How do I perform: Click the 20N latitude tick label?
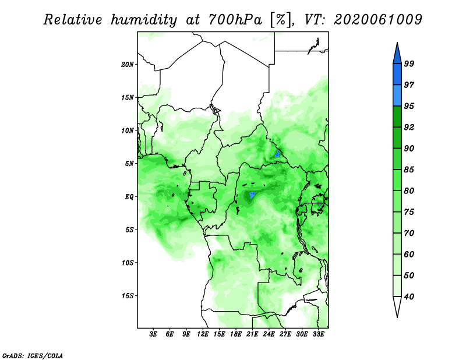click(128, 65)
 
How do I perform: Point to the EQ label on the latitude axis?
click(129, 197)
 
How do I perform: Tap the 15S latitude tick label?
click(128, 296)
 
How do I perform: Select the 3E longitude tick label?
click(153, 334)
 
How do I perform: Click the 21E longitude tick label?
click(252, 334)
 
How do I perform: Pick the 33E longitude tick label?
click(318, 334)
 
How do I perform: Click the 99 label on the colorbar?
click(409, 63)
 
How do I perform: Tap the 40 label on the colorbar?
click(409, 297)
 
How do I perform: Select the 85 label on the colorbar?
click(409, 170)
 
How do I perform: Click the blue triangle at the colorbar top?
click(397, 54)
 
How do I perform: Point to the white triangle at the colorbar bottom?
click(397, 306)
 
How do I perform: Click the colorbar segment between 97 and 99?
click(397, 75)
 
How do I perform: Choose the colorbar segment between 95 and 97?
click(397, 96)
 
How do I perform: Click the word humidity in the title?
click(144, 20)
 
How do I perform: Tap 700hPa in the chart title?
click(235, 20)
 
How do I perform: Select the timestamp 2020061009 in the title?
click(377, 20)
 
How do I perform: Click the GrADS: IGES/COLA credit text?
click(33, 355)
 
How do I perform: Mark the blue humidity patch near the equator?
click(252, 195)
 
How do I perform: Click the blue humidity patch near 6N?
click(278, 154)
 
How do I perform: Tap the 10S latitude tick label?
click(128, 263)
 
